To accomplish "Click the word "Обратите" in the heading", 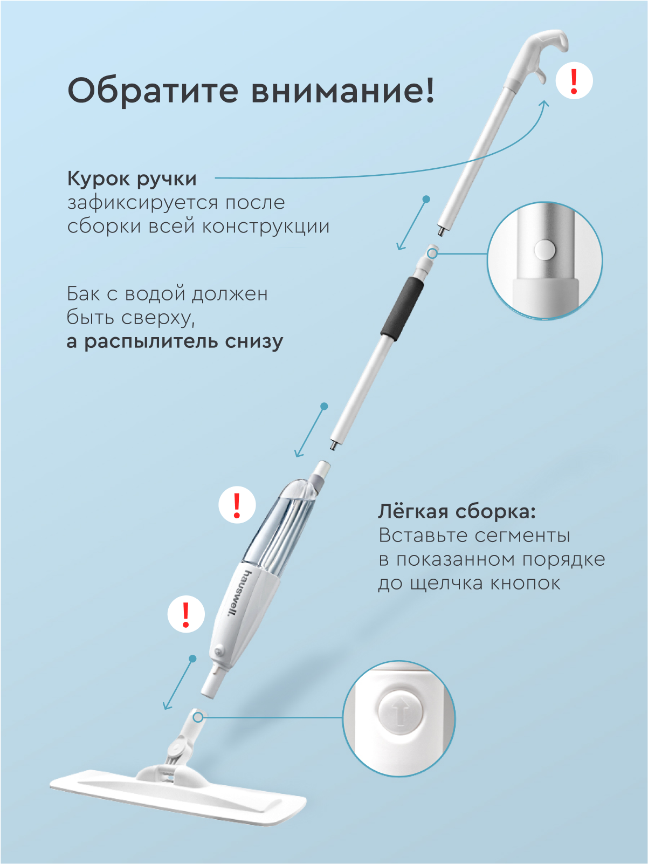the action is tap(153, 91).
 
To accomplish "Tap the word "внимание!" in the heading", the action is tap(342, 91).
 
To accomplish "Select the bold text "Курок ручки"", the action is tap(132, 180).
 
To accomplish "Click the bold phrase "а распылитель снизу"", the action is tap(175, 342).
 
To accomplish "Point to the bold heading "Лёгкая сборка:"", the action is tap(457, 512).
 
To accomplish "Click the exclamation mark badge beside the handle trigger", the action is tap(574, 81).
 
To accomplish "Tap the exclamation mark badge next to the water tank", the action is tap(237, 505).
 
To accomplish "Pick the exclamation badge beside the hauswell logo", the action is tap(186, 614).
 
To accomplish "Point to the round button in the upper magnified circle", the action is tap(544, 249).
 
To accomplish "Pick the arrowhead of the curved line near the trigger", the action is tap(544, 104).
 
